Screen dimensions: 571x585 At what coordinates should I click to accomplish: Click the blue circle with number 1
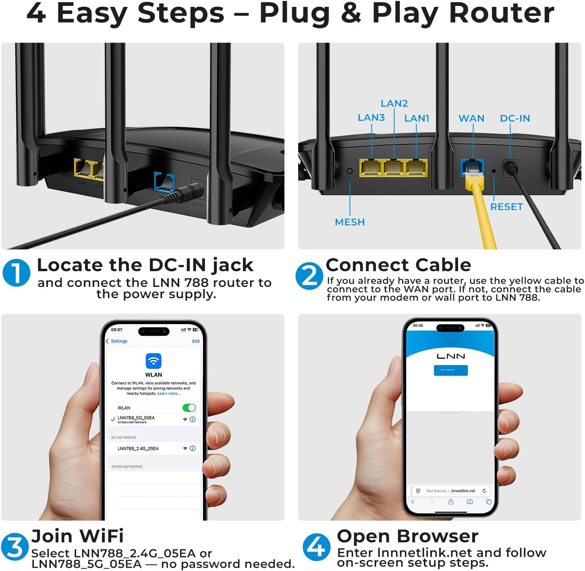[17, 273]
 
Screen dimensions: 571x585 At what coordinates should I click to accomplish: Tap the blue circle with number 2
[309, 276]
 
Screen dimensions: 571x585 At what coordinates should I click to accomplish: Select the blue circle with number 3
[15, 547]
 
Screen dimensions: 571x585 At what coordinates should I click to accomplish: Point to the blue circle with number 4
[316, 547]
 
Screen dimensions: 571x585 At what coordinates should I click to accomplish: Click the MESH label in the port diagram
[350, 222]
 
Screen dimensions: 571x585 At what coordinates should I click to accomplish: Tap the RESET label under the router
[506, 207]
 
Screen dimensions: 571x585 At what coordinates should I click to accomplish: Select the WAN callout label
[471, 118]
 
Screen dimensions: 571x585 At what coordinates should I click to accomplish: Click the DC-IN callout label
[515, 118]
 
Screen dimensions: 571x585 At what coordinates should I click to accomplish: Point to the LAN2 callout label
[394, 103]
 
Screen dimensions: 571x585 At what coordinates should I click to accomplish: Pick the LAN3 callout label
[371, 117]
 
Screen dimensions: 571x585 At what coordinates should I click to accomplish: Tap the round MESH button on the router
[350, 171]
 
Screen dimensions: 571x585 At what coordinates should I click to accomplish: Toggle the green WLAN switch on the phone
[189, 408]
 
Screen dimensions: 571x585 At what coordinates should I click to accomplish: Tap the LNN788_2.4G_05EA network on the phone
[138, 448]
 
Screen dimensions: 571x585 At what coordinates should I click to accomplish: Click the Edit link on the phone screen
[196, 341]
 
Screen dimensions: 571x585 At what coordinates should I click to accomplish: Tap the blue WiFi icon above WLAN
[154, 361]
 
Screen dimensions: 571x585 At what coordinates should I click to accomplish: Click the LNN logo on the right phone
[451, 356]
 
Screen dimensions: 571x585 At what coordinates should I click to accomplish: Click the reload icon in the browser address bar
[484, 491]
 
